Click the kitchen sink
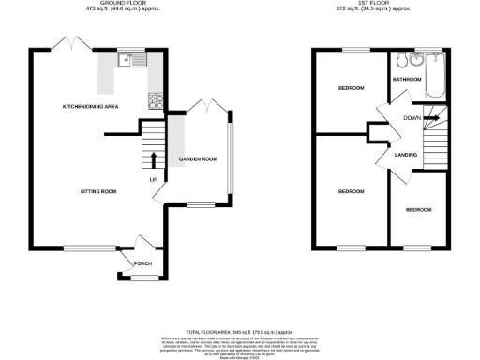[127, 62]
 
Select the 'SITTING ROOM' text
[97, 191]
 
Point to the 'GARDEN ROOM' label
[198, 159]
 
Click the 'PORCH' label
[142, 263]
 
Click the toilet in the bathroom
[402, 64]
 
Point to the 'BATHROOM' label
[407, 81]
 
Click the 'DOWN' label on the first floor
[412, 118]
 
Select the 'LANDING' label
[405, 154]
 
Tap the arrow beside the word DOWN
[429, 118]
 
